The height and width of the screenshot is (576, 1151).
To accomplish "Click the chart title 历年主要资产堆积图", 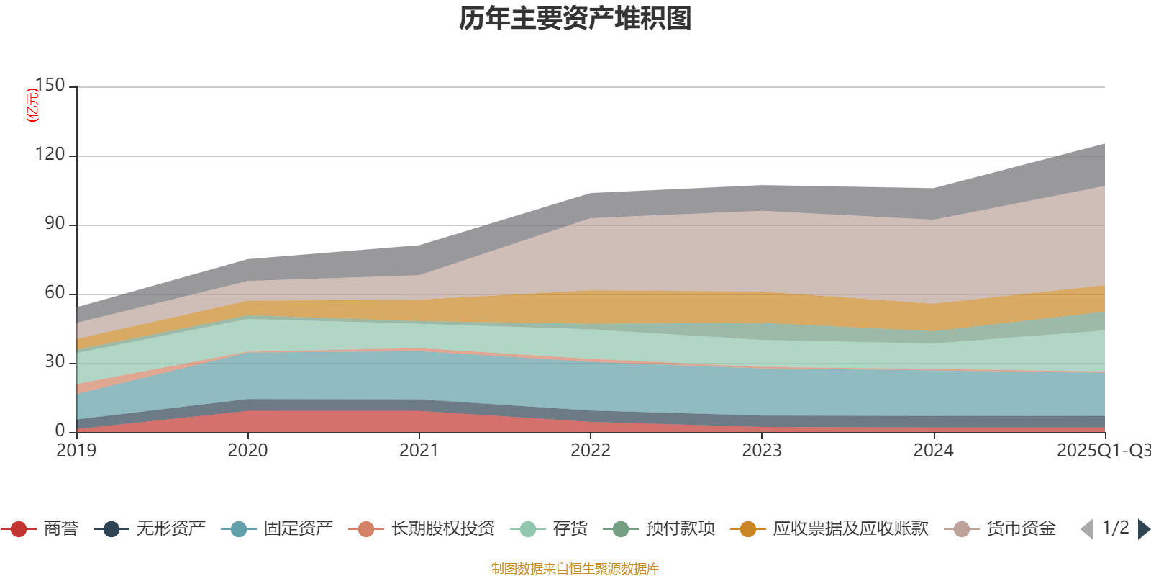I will tap(575, 19).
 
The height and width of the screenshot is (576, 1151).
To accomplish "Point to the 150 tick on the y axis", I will tap(50, 86).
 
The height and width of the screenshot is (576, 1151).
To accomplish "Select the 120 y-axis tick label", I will tap(50, 155).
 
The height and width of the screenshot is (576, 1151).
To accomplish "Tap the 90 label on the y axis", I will tap(55, 224).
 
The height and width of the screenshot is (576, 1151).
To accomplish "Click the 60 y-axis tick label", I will tap(55, 293).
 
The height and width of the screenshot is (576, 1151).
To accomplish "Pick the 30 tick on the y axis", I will tap(55, 362).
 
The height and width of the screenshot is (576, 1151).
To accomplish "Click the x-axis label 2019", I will tap(77, 451).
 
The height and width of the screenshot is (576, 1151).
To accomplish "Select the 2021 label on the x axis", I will tap(419, 451).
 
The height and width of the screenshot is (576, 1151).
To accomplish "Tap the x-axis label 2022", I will tap(591, 451).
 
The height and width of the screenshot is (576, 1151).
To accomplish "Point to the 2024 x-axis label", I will tap(933, 451).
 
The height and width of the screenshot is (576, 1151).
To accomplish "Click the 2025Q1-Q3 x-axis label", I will tap(1103, 451).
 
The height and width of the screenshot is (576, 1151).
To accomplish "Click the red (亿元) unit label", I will tap(32, 105).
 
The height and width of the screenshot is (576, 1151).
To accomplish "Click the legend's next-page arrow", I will tap(1143, 529).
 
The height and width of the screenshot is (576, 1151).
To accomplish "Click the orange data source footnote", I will tap(575, 569).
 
